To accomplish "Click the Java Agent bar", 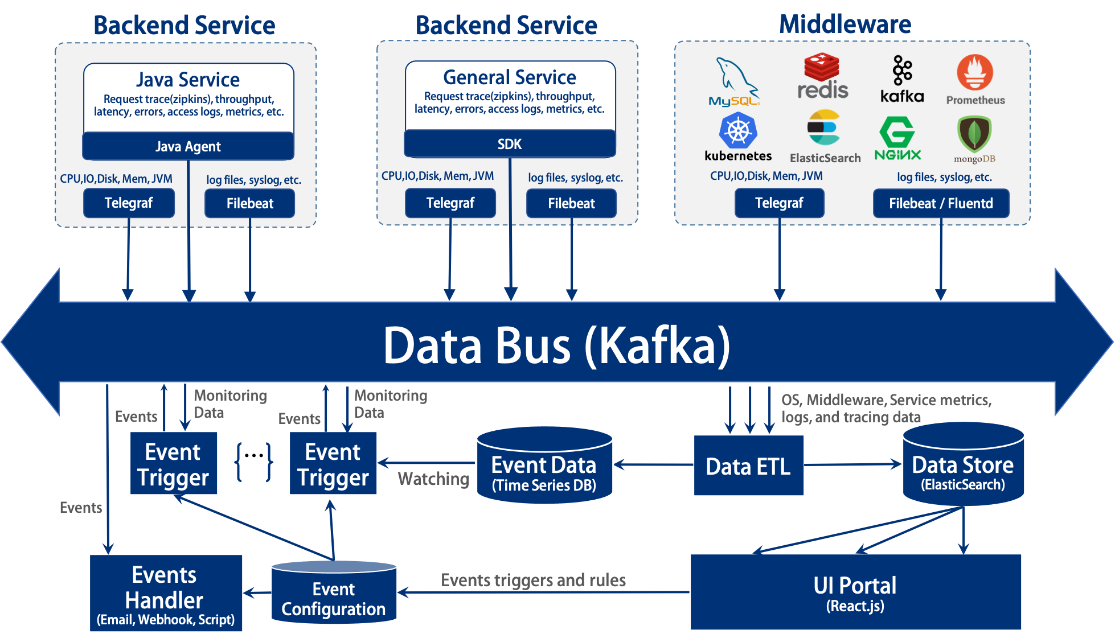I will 188,146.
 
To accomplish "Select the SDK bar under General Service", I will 510,144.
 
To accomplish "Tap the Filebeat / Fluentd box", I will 941,203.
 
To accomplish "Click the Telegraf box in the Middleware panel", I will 779,203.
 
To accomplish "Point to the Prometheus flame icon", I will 975,73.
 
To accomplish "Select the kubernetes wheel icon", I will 738,130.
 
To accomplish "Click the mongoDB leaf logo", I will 974,134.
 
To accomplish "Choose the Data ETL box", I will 748,466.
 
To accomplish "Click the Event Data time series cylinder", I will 544,466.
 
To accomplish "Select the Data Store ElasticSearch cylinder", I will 963,466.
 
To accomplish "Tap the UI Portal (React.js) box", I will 855,592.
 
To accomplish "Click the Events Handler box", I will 166,593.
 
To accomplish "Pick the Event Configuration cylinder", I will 334,594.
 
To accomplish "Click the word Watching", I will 433,479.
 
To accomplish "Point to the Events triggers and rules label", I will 533,580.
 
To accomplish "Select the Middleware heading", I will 845,24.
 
